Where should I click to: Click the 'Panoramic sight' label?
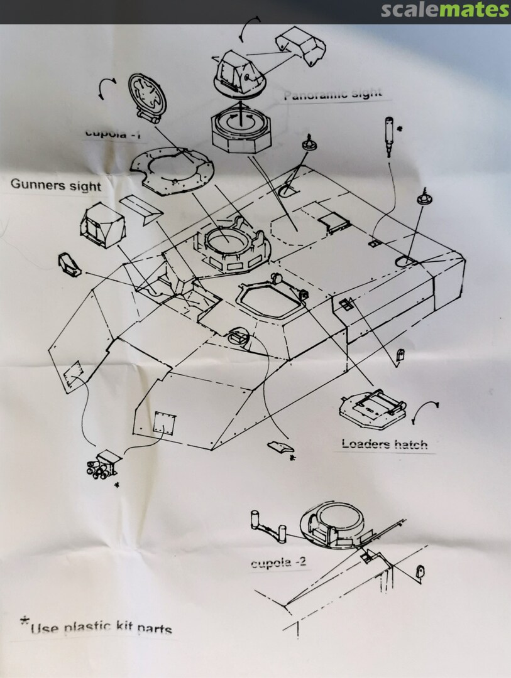[x=332, y=95]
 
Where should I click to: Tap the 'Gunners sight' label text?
[x=55, y=185]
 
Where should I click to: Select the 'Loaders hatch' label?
[x=384, y=444]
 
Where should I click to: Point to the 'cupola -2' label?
[x=278, y=562]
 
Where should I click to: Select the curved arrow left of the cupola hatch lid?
[x=105, y=89]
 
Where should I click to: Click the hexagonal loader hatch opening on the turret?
[x=269, y=299]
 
